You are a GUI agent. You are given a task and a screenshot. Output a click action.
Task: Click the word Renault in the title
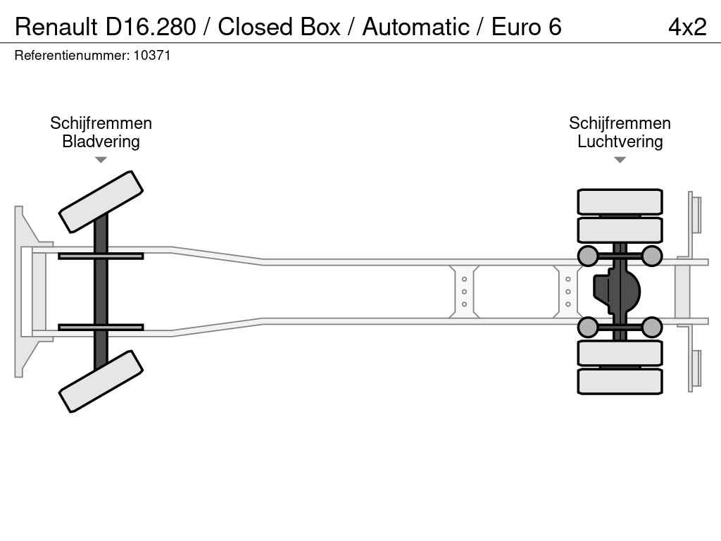coord(56,27)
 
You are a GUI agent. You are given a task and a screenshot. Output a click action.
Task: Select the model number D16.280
coord(151,27)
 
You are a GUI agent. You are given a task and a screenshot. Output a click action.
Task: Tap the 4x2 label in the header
coord(687,27)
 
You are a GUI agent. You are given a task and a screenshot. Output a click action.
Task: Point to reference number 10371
coord(152,55)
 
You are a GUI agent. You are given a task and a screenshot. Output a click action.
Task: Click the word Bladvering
coord(101,141)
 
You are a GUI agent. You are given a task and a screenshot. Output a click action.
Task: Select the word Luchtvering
coord(620,141)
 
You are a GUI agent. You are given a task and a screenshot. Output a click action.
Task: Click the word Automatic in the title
coord(415,27)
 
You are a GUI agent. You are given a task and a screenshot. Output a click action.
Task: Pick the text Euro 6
coord(527,27)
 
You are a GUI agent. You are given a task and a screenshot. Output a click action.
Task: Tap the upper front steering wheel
coord(101,202)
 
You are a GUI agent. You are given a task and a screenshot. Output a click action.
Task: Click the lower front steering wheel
coord(101,381)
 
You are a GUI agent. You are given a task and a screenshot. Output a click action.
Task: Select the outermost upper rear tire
coord(620,201)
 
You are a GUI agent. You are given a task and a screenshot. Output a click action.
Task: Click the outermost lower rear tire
coord(620,381)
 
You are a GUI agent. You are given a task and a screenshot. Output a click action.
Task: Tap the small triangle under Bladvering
coord(101,160)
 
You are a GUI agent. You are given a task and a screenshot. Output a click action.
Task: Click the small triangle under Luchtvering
coord(620,160)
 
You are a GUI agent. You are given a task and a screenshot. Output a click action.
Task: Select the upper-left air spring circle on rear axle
coord(588,256)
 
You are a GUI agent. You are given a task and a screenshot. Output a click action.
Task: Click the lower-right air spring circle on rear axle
coord(651,327)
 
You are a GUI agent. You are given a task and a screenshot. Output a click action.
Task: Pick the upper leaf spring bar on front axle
coord(101,256)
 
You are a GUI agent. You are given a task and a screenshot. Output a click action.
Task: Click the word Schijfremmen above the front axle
coord(101,123)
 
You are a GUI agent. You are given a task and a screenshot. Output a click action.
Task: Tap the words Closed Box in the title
coord(279,27)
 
